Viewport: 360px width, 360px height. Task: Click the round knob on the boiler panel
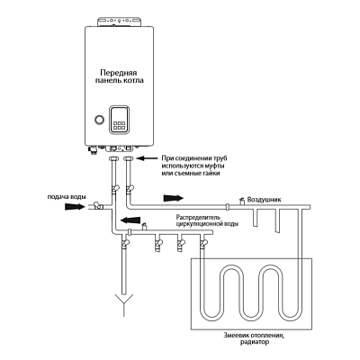[x=99, y=119]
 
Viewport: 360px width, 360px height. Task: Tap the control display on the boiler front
[x=119, y=119]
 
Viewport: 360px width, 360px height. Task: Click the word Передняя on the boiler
[x=119, y=73]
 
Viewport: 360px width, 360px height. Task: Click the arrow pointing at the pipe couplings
[x=148, y=157]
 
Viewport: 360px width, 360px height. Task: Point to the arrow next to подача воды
[x=75, y=206]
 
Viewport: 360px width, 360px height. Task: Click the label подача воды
[x=67, y=197]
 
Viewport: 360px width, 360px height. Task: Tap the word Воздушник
[x=265, y=200]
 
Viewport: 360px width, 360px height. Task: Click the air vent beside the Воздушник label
[x=240, y=201]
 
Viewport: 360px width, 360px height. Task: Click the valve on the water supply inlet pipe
[x=97, y=205]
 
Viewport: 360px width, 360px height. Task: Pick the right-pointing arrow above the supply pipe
[x=174, y=198]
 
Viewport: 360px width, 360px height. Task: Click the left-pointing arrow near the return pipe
[x=130, y=220]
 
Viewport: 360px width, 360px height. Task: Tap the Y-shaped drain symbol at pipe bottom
[x=123, y=301]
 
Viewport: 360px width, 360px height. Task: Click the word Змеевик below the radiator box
[x=237, y=335]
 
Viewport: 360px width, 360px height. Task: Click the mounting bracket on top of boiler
[x=119, y=22]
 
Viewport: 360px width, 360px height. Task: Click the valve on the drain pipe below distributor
[x=124, y=242]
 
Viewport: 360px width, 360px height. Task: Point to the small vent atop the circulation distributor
[x=144, y=226]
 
